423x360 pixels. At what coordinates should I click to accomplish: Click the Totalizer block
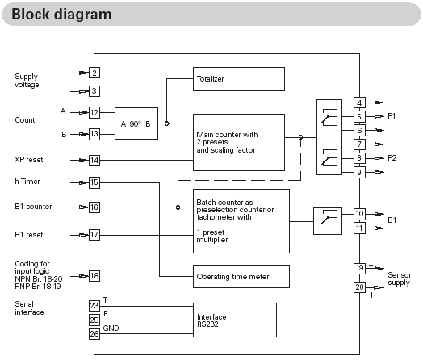pos(239,79)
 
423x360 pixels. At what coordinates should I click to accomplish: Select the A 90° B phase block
pos(136,123)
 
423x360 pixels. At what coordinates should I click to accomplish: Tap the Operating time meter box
pos(241,276)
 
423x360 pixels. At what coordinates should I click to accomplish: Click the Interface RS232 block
pos(235,320)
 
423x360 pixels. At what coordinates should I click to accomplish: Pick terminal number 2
pos(94,73)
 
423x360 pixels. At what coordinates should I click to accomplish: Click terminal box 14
pos(94,161)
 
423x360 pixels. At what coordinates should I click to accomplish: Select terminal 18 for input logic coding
pos(94,276)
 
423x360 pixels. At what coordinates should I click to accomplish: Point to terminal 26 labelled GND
pos(94,334)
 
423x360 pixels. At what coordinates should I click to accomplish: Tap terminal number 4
pos(359,103)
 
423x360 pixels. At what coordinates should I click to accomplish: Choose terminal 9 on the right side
pos(359,172)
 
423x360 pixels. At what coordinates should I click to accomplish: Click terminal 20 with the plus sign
pos(359,287)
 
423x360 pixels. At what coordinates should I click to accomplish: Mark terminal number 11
pos(359,228)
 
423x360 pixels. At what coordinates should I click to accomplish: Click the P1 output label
pos(392,116)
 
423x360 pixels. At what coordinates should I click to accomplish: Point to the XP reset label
pos(29,160)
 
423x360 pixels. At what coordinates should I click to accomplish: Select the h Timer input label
pos(27,182)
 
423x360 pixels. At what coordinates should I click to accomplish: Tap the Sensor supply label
pos(400,278)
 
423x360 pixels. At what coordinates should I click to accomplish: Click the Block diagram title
pos(61,14)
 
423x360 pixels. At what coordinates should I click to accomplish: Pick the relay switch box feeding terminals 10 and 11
pos(328,221)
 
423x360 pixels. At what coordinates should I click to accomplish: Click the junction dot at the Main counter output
pos(300,137)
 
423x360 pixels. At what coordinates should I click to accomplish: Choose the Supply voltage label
pos(27,81)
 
